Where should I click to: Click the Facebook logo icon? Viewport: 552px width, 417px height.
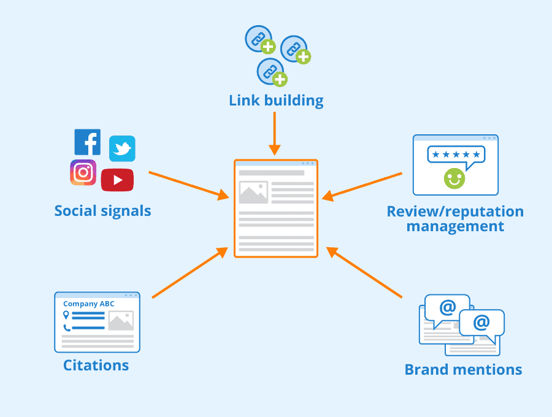[x=88, y=142]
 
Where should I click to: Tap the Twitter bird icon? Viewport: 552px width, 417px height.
[x=122, y=149]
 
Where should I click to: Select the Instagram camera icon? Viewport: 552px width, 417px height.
[x=83, y=172]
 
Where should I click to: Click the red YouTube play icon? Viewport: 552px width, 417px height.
[x=117, y=180]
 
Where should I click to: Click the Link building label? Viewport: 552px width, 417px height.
[x=276, y=101]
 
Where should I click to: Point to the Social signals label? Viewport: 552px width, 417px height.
[x=102, y=212]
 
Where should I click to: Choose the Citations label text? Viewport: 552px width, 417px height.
[x=96, y=366]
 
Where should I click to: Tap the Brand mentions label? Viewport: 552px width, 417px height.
[x=463, y=370]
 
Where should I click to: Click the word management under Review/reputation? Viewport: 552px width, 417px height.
[x=455, y=226]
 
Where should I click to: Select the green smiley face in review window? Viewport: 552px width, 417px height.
[x=454, y=178]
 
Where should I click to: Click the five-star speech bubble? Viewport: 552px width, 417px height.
[x=456, y=155]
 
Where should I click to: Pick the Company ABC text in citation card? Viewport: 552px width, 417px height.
[x=89, y=304]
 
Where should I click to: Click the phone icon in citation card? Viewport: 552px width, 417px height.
[x=66, y=327]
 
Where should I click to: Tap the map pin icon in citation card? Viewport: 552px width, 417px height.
[x=66, y=315]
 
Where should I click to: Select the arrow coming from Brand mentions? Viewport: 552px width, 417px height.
[x=364, y=273]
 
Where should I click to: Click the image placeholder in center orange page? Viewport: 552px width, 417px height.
[x=253, y=193]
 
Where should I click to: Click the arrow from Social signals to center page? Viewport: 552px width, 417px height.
[x=188, y=184]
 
